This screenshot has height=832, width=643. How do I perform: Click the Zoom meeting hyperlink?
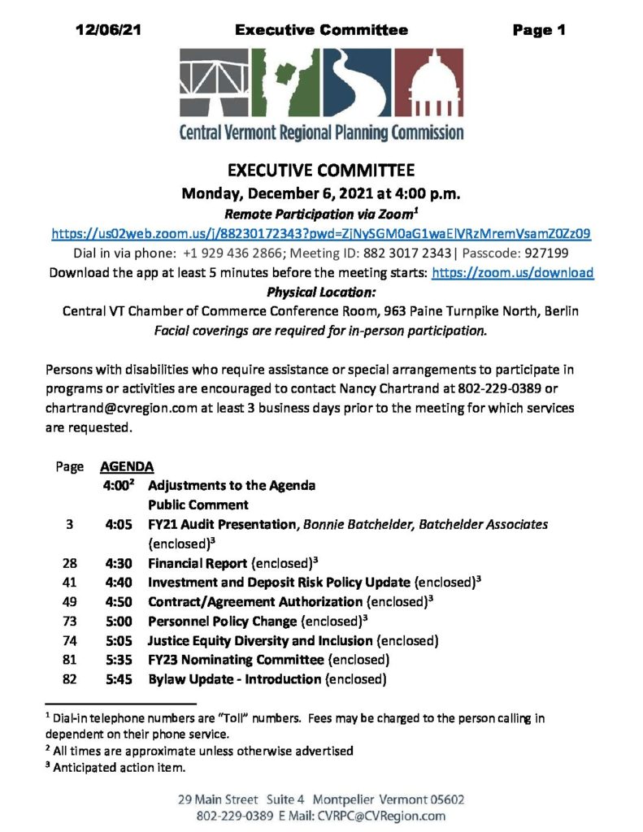click(320, 233)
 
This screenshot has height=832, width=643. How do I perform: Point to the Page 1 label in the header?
click(538, 31)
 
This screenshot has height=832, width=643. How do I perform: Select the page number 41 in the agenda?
click(69, 582)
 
